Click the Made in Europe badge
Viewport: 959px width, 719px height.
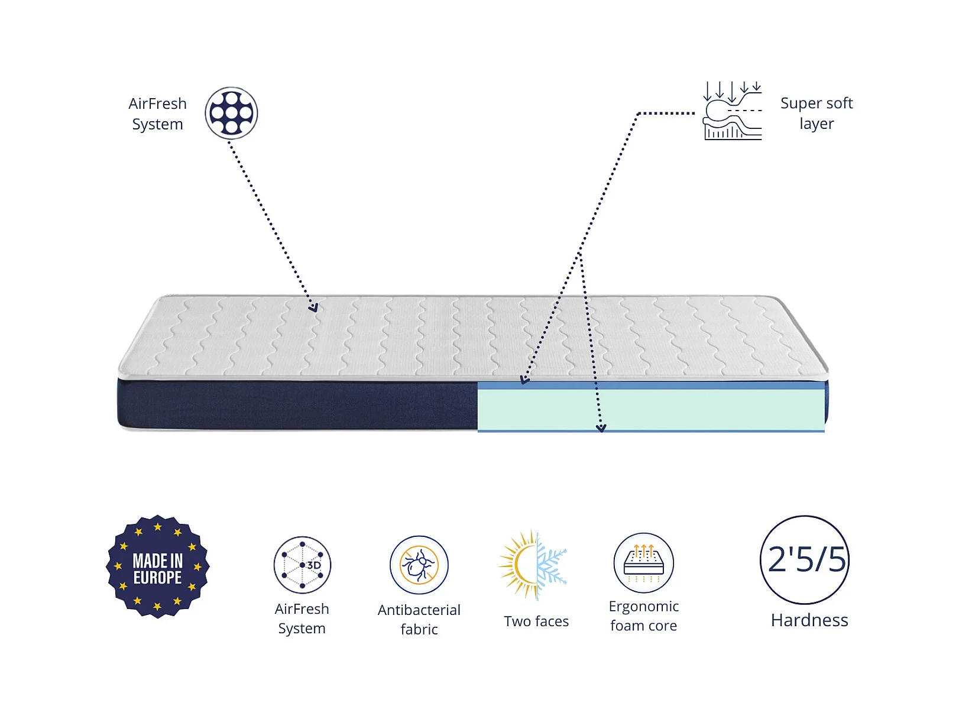click(157, 566)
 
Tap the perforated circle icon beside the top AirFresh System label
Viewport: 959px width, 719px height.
click(231, 113)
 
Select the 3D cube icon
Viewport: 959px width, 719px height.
click(302, 565)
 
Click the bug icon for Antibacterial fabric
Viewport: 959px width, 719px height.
click(419, 565)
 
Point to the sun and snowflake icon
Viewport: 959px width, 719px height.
click(533, 565)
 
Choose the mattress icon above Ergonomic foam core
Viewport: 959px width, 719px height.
click(643, 563)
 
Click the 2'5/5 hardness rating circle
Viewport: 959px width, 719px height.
click(805, 559)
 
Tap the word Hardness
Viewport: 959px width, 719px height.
click(809, 620)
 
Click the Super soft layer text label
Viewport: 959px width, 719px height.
click(816, 113)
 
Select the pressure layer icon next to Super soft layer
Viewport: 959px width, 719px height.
click(732, 111)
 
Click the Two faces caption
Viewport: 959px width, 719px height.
click(536, 621)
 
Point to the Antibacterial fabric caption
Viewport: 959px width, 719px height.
click(419, 620)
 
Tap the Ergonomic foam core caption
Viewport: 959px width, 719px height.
click(643, 616)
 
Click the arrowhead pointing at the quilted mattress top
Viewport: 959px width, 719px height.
click(313, 307)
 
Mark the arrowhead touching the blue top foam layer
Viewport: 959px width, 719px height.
click(524, 380)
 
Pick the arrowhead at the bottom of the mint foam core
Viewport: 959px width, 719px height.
click(601, 428)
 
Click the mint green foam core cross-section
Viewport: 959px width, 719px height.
click(651, 410)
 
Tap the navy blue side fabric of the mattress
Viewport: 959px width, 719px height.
click(297, 404)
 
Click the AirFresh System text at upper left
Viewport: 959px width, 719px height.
click(157, 114)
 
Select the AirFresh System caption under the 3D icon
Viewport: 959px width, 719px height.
click(302, 618)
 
